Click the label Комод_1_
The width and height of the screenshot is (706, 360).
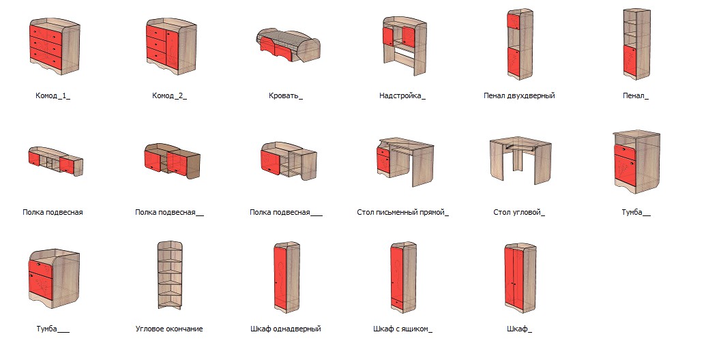[x=53, y=96]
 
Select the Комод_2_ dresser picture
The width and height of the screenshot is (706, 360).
[x=171, y=47]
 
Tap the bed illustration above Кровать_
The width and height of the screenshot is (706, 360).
[x=288, y=45]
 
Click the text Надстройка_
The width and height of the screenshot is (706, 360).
[x=402, y=96]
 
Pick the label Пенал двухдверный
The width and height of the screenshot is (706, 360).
[x=519, y=96]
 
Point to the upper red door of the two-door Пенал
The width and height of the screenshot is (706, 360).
[x=513, y=22]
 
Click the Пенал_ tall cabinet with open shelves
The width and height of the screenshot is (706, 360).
[x=636, y=44]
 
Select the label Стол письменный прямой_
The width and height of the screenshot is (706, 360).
[x=402, y=213]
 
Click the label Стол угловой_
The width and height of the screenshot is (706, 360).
[x=519, y=213]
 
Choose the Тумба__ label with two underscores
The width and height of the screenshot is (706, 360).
[x=636, y=213]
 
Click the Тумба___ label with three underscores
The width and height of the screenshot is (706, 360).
[x=53, y=329]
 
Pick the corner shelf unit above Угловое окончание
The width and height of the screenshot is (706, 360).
[x=171, y=275]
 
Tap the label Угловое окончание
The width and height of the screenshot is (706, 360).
[x=169, y=329]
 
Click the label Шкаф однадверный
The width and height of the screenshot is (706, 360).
[x=285, y=329]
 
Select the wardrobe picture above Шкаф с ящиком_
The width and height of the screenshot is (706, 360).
[x=403, y=277]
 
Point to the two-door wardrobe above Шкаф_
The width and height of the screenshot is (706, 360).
[x=520, y=277]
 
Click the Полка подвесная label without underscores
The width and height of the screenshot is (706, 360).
[x=53, y=213]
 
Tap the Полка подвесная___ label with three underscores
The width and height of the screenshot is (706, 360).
[x=286, y=213]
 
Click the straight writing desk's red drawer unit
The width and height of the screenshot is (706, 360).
[x=383, y=161]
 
